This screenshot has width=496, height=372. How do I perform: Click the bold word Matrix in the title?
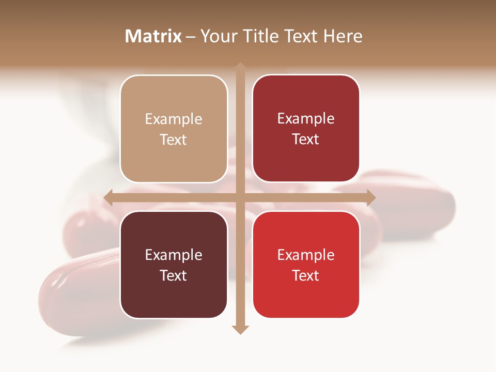click(x=153, y=36)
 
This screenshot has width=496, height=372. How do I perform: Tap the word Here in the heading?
click(x=343, y=36)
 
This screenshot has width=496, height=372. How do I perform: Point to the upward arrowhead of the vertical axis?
click(x=240, y=67)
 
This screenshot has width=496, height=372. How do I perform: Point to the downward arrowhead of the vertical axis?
click(x=240, y=329)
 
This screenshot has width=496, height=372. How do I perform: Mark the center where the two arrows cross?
click(x=240, y=197)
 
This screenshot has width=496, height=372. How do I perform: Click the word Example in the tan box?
click(x=174, y=119)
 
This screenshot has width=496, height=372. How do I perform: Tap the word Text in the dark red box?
click(x=306, y=139)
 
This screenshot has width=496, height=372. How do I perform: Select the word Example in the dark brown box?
click(x=174, y=255)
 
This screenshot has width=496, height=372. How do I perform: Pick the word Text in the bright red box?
click(x=306, y=275)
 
